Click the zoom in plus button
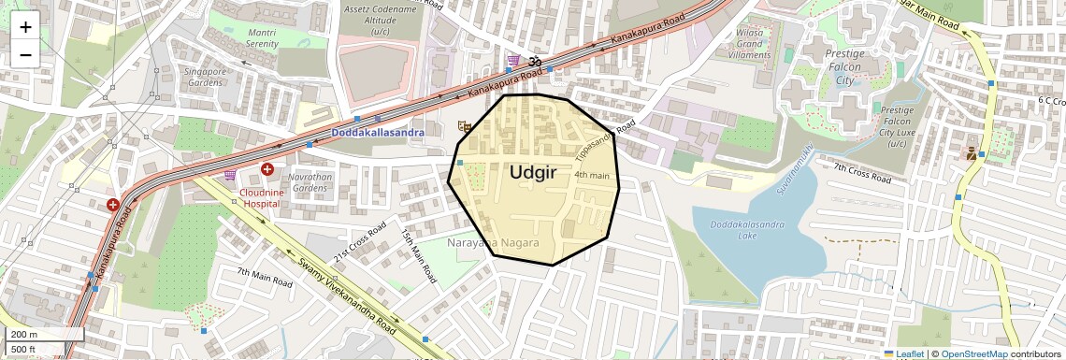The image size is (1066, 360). pos(25,27)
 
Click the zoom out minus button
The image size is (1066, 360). pos(25,54)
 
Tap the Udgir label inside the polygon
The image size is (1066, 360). pos(533,172)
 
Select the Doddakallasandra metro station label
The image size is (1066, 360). pos(377,134)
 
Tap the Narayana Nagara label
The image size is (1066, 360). pos(493,243)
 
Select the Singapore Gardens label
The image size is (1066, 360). pos(205,77)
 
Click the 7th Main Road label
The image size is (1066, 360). pos(265,277)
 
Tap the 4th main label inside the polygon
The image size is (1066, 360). pos(592,175)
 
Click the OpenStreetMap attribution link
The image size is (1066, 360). pos(973,353)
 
